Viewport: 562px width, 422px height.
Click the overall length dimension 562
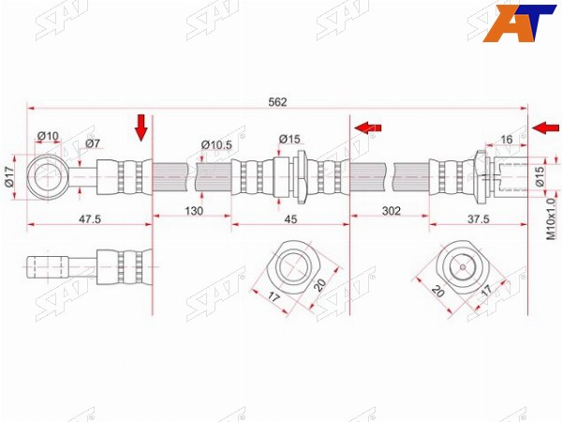coord(278,102)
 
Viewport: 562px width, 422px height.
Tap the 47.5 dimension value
coord(90,219)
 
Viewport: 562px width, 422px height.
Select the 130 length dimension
coord(194,211)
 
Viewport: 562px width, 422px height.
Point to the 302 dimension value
coord(391,211)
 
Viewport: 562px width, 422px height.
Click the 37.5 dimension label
coord(478,219)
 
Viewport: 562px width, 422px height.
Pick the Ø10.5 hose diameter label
coord(216,145)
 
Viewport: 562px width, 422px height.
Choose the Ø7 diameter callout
coord(93,143)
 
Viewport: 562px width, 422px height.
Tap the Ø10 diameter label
coord(48,136)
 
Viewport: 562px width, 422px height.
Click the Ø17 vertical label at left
coord(8,176)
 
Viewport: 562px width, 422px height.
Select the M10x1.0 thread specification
coord(551,219)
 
